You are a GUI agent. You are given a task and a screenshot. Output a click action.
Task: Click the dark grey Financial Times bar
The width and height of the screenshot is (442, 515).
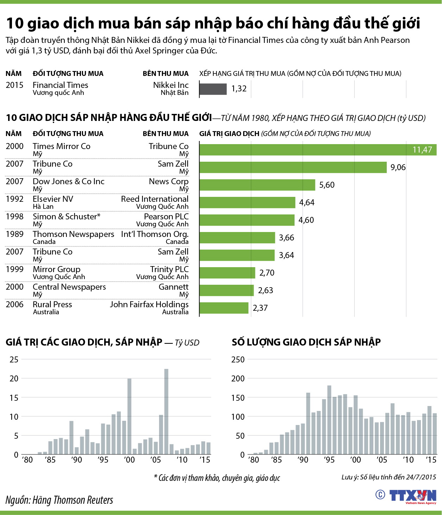click(x=213, y=89)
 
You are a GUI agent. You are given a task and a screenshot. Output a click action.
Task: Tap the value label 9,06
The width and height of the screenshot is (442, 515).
click(x=398, y=167)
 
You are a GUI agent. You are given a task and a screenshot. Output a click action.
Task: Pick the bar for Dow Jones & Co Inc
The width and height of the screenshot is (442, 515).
click(x=257, y=185)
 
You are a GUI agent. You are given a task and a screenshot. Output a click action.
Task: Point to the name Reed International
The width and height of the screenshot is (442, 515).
click(x=154, y=199)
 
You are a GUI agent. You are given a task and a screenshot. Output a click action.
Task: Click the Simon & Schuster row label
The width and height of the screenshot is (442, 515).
click(x=67, y=217)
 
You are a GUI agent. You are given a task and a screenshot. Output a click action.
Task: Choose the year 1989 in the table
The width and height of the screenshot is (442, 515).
click(x=14, y=234)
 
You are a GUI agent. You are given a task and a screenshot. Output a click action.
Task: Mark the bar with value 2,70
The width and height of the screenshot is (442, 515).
click(x=227, y=273)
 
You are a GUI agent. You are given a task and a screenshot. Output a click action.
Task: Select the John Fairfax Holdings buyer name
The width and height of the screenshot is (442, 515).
click(x=149, y=304)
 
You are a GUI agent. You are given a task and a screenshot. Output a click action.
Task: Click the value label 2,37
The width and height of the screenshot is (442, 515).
click(x=260, y=308)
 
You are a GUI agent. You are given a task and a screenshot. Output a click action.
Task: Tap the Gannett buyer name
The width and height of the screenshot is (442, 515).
click(x=173, y=287)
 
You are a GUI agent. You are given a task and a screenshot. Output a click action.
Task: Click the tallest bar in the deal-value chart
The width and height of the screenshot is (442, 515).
click(x=166, y=411)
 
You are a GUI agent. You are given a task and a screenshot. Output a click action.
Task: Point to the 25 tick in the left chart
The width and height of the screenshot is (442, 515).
click(x=14, y=359)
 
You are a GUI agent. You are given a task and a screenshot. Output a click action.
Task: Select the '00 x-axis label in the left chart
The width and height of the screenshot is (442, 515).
click(x=129, y=460)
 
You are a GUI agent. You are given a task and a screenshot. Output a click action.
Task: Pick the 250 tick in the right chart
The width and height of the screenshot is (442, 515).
click(x=238, y=359)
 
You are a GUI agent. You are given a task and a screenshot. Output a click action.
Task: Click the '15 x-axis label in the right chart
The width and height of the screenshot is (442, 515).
click(x=431, y=460)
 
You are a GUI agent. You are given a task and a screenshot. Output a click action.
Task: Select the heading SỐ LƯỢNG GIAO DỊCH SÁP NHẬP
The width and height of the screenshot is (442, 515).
click(x=306, y=342)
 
